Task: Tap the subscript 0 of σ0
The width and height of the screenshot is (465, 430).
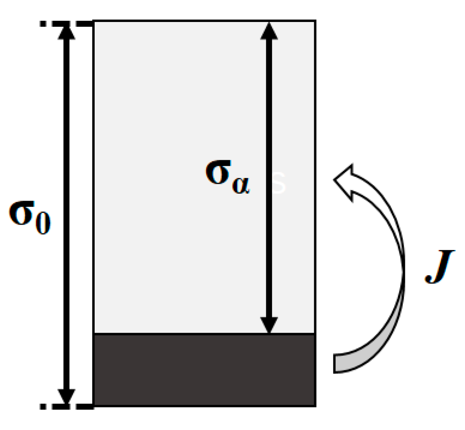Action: pos(43,224)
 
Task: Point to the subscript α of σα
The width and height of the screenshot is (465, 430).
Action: pos(240,185)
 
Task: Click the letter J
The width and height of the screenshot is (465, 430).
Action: pos(439,266)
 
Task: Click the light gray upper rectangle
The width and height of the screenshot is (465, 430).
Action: pos(177,118)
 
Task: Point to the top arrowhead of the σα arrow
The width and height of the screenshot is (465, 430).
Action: pos(269,31)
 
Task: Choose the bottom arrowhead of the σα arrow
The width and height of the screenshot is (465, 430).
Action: pos(269,324)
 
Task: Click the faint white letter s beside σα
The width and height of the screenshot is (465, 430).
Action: pos(279,183)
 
